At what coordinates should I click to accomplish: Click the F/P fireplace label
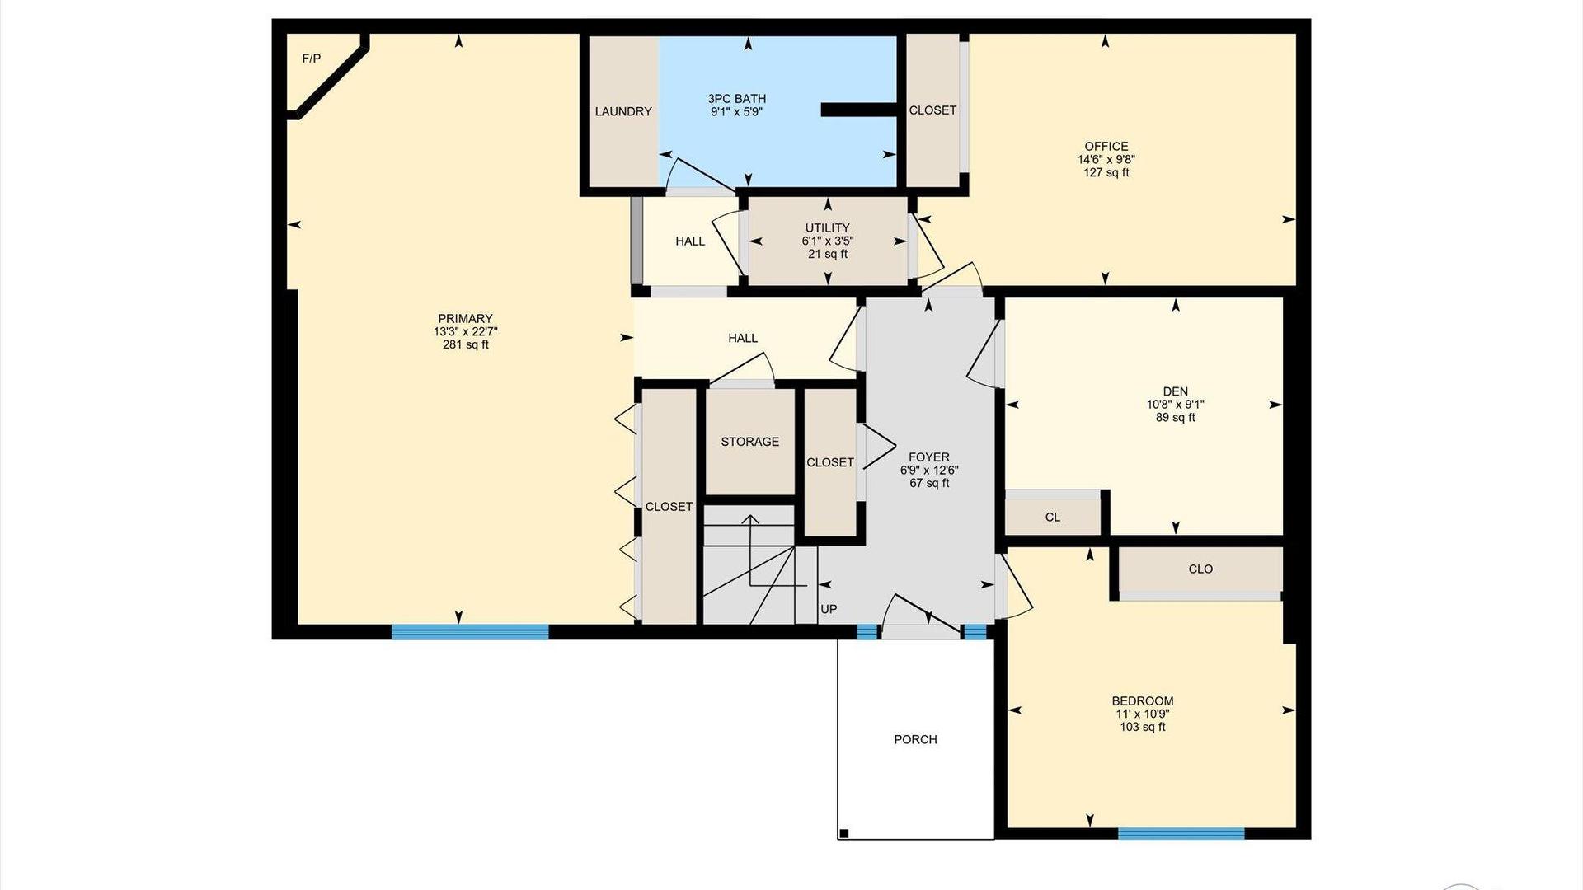coord(312,59)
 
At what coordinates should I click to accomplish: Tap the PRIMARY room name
coord(465,319)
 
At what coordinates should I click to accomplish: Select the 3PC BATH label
coord(737,99)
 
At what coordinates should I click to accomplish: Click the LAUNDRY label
coord(623,111)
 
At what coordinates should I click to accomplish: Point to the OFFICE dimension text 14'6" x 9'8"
coord(1106,159)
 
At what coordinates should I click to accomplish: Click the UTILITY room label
coord(828,228)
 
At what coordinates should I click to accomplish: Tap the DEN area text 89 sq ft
coord(1176,418)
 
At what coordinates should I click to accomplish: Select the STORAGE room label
coord(750,442)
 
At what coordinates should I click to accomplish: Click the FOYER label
coord(929,457)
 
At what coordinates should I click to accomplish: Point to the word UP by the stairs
coord(829,609)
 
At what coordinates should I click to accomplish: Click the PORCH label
coord(916,739)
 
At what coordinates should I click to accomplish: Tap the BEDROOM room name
coord(1143,701)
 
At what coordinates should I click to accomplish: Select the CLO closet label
coord(1200,569)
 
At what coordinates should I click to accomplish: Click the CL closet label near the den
coord(1053,518)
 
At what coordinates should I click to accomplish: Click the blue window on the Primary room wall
coord(470,632)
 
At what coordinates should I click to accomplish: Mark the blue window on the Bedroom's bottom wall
coord(1181,833)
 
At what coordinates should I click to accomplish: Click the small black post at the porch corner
coord(843,834)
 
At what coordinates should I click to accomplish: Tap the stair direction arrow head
coord(750,520)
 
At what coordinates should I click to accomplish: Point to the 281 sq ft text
coord(465,345)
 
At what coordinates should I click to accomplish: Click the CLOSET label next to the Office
coord(932,110)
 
